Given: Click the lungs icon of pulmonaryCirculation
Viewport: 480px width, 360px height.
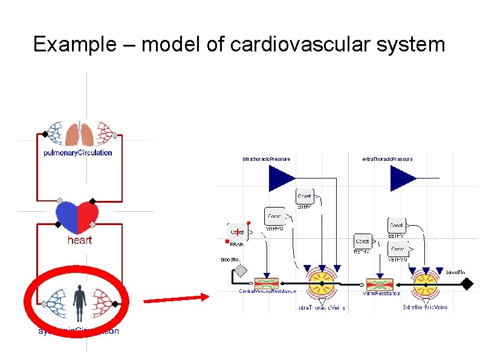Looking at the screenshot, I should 79,134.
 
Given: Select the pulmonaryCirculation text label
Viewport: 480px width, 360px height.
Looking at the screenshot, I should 78,153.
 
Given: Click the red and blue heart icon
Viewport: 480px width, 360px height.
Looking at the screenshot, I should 77,217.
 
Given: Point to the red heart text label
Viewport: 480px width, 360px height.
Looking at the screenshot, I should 79,240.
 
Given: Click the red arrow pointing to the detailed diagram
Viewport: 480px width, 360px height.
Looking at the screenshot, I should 175,297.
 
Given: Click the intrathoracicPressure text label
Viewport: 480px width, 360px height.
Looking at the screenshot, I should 266,159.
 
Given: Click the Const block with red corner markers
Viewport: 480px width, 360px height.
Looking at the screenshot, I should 237,232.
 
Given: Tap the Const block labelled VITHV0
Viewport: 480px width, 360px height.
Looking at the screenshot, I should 274,216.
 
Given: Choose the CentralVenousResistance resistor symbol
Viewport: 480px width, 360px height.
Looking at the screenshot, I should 266,283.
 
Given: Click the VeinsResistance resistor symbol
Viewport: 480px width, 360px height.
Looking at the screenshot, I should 380,283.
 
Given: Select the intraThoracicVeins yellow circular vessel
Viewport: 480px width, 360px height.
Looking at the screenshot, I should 322,283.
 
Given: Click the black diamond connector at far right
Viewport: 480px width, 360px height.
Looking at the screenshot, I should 468,283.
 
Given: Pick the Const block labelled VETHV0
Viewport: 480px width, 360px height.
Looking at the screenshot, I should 398,249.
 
